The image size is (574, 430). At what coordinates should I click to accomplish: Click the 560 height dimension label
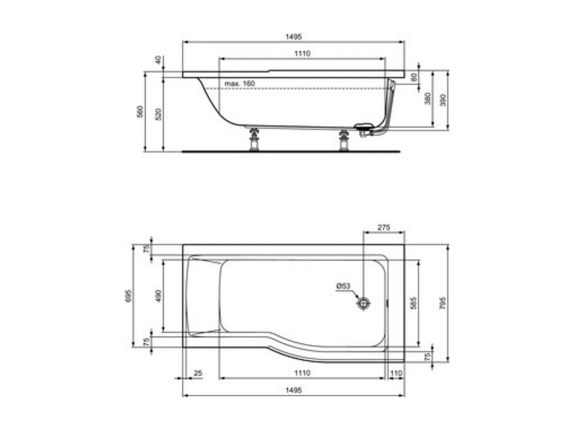coord(140,111)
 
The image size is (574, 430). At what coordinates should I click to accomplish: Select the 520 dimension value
coord(159,114)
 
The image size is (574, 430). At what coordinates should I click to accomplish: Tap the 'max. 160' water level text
coord(239,84)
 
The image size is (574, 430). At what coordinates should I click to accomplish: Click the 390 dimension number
coord(443,99)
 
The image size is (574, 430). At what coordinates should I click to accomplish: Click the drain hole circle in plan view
coord(364,303)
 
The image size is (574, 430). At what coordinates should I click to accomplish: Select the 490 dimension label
coord(159,295)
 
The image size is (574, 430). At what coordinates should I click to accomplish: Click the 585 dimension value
coord(414,303)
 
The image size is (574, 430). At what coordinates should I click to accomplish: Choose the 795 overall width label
coord(443,303)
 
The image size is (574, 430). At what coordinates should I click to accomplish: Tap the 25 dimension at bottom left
coord(197,373)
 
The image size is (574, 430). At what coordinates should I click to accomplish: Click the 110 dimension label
coord(396,373)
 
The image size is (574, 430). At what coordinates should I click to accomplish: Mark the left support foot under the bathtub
coord(254,140)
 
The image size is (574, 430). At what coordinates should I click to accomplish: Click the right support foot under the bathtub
coord(344,140)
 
